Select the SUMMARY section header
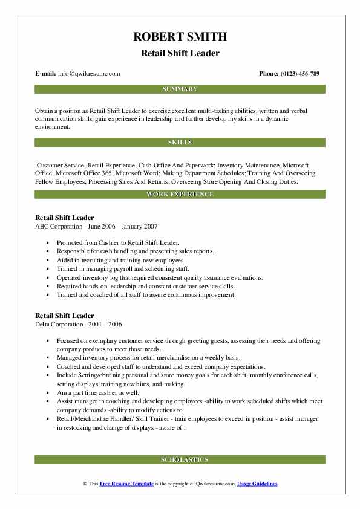point(180,89)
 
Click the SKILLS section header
point(180,143)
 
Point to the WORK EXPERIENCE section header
point(180,195)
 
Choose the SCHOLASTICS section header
point(180,460)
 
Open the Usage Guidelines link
point(257,484)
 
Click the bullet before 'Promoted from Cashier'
point(47,242)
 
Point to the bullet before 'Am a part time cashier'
point(47,392)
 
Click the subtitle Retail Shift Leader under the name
point(180,53)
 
